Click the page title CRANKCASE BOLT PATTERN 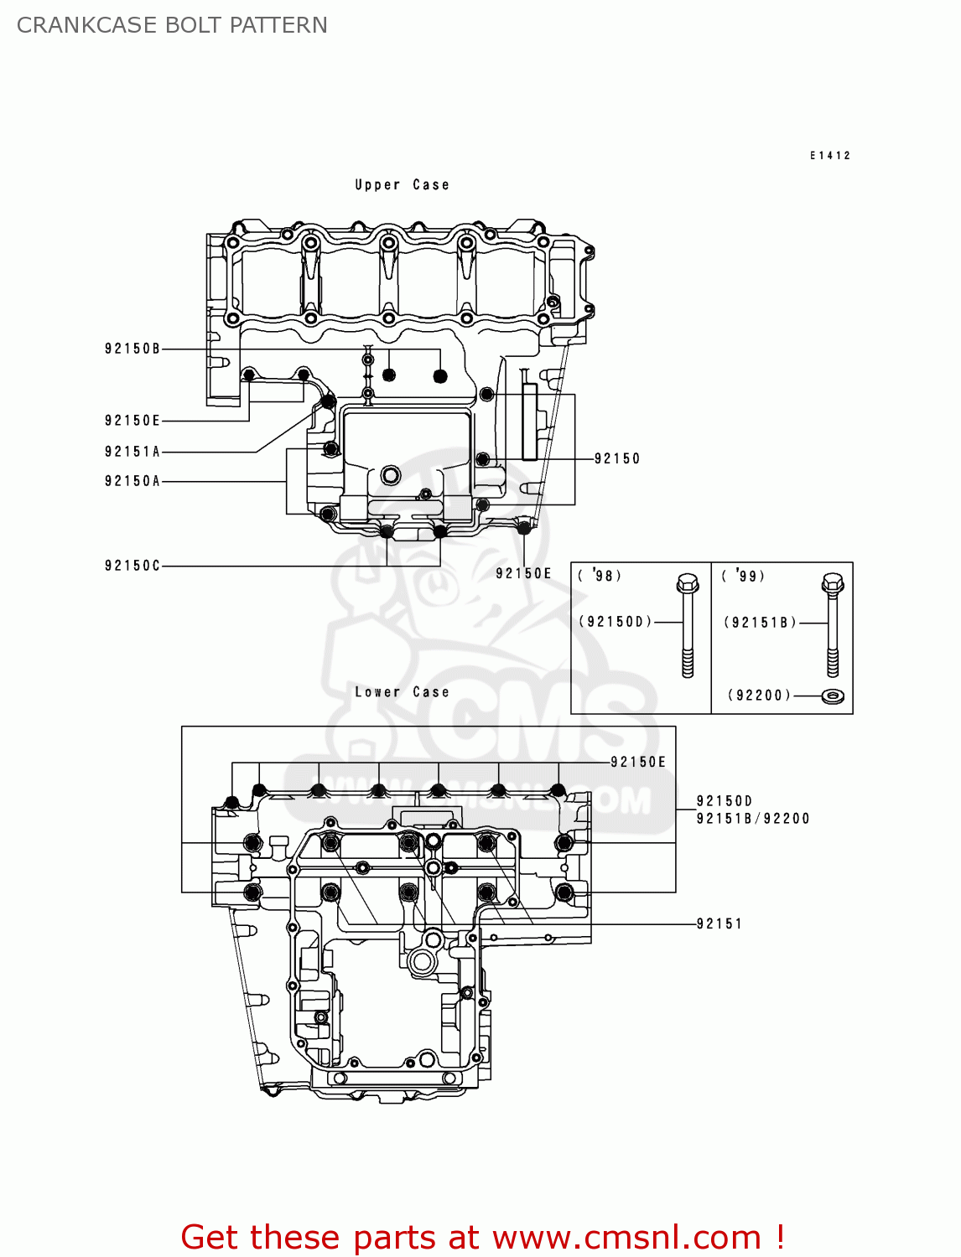coord(172,25)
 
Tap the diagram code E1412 coord(829,155)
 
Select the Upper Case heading coord(402,184)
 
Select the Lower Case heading coord(402,692)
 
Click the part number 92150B coord(132,349)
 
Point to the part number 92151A coord(132,452)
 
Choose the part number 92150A coord(132,481)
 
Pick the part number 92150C coord(132,566)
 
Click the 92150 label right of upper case coord(616,458)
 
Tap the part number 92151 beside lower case coord(719,923)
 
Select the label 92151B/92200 coord(752,819)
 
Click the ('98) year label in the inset coord(600,576)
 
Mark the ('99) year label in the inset coord(743,576)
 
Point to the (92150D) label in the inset coord(615,622)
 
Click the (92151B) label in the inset coord(760,622)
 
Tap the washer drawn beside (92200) coord(833,696)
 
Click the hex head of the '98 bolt coord(687,582)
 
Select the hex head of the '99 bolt coord(833,582)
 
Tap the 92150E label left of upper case coord(132,421)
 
